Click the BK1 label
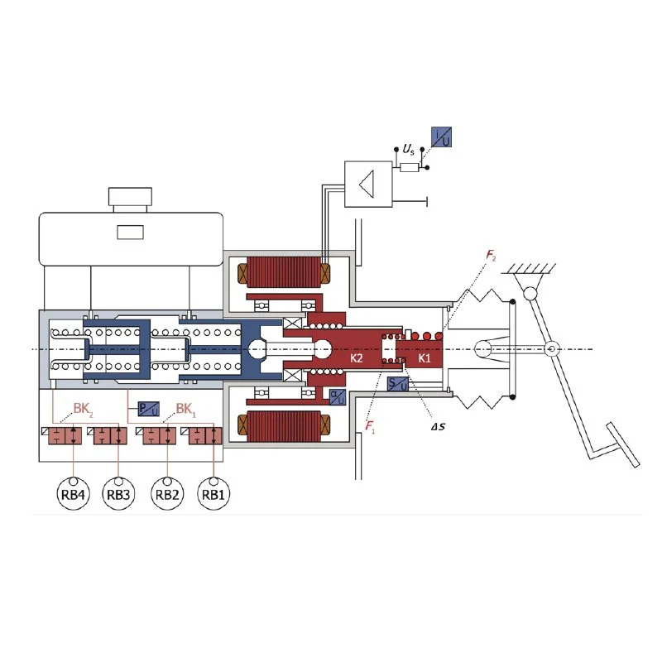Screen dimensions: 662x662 (188, 409)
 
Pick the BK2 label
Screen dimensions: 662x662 (83, 409)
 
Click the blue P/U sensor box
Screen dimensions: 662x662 (148, 409)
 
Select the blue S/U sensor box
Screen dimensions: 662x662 (399, 385)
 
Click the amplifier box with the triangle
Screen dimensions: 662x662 (369, 182)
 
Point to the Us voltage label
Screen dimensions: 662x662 (408, 150)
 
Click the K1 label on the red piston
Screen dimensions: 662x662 (424, 358)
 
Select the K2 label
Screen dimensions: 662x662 (357, 358)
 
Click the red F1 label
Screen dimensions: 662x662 (369, 427)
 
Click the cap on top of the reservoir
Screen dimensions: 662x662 (131, 198)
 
